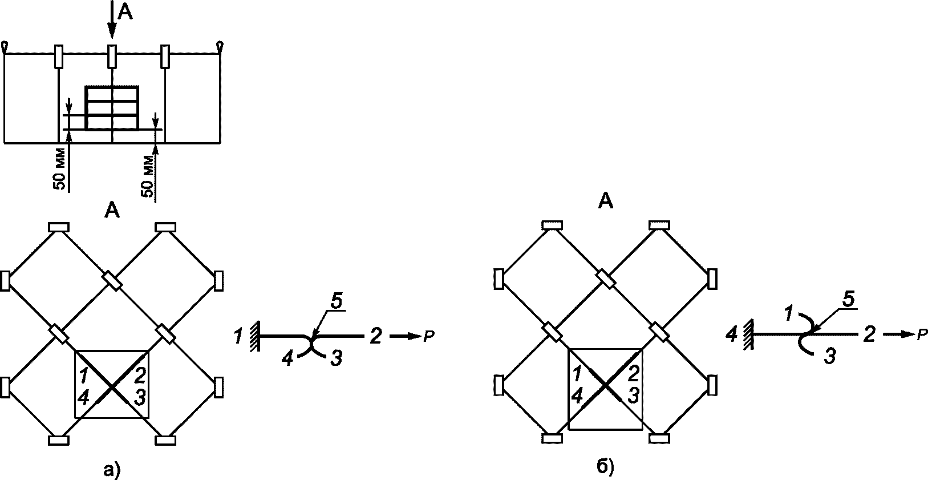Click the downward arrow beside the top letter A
[x=111, y=19]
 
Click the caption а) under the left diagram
[x=112, y=471]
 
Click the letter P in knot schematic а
[x=428, y=337]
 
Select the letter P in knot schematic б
[x=921, y=334]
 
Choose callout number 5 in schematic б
[x=849, y=300]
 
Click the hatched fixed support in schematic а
[x=254, y=336]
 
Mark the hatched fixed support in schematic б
[x=748, y=334]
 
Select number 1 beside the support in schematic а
[x=238, y=336]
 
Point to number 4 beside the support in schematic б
[x=732, y=334]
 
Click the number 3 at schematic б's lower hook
[x=829, y=356]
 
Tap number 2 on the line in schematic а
[x=375, y=336]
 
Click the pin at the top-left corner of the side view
[x=5, y=47]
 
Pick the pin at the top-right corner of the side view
[x=220, y=47]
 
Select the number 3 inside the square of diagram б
[x=633, y=396]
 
